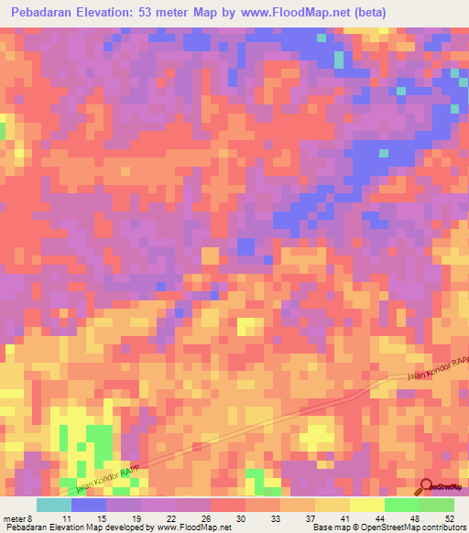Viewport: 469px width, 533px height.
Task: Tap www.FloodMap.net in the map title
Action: coord(285,12)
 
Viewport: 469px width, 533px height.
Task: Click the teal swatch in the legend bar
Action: coord(54,505)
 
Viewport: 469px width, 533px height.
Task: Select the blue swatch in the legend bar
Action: coord(89,505)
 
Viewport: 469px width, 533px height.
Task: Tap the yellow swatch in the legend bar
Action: coord(366,505)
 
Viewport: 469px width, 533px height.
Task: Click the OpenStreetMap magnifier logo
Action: coord(427,489)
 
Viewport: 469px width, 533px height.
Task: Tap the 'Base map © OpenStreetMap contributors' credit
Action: coord(388,528)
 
